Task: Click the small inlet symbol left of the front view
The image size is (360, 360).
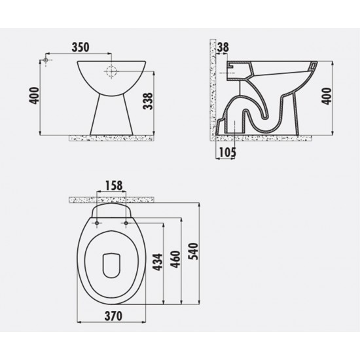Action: [x=45, y=61]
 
